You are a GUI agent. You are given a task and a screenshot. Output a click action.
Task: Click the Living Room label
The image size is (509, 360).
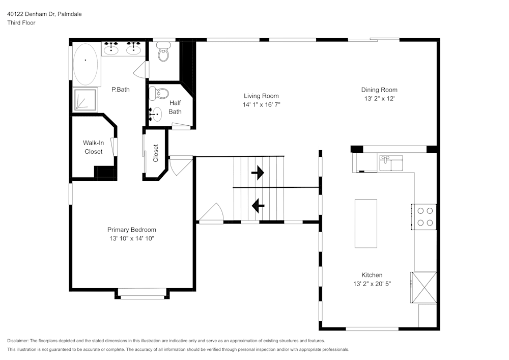tap(261, 96)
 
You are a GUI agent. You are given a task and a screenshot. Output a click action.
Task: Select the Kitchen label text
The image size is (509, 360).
tap(372, 275)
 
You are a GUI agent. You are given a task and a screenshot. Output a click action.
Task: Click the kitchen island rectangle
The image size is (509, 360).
tap(365, 224)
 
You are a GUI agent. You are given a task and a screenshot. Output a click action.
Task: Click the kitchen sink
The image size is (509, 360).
tap(390, 163)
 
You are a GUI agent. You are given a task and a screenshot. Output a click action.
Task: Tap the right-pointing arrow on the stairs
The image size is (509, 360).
tap(258, 173)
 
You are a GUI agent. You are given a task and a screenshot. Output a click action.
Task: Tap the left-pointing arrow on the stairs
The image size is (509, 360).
tap(258, 205)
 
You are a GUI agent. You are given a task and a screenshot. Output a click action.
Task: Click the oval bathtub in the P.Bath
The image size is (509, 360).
tap(86, 64)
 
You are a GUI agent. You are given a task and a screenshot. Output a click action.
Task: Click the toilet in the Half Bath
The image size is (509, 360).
tap(161, 93)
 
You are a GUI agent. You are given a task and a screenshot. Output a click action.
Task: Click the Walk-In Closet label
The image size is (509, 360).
tap(93, 147)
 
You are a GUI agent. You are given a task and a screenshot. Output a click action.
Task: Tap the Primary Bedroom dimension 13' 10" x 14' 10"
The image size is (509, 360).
tap(131, 238)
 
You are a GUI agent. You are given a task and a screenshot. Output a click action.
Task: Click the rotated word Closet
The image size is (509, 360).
tap(156, 153)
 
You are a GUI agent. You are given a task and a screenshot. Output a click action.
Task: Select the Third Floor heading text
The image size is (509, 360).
tap(21, 23)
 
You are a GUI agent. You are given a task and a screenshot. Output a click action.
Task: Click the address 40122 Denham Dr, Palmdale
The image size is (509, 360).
tap(44, 14)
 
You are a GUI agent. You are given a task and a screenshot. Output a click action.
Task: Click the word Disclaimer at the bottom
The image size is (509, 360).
tap(18, 341)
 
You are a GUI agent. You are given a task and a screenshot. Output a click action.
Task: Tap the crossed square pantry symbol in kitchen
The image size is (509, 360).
tap(424, 288)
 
